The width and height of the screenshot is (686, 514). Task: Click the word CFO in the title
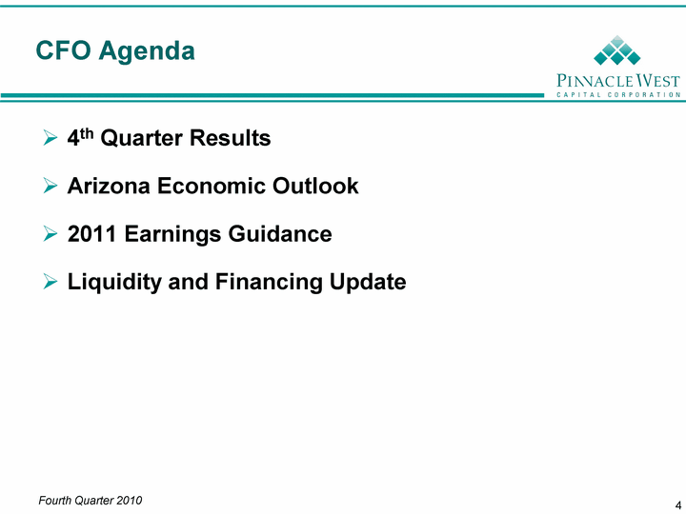(x=63, y=50)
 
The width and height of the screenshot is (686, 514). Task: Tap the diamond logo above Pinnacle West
(x=616, y=50)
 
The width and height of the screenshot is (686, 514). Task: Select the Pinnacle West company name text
(x=618, y=80)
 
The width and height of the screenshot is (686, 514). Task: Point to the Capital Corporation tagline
(x=618, y=94)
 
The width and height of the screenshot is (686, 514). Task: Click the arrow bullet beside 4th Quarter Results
(x=50, y=138)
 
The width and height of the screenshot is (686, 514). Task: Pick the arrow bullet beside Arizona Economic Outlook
(x=50, y=186)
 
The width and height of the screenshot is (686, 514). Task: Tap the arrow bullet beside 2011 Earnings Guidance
(x=50, y=234)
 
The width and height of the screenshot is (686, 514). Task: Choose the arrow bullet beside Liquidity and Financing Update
(x=50, y=282)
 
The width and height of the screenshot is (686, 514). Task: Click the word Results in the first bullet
(x=231, y=138)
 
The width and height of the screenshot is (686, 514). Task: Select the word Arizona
(x=109, y=186)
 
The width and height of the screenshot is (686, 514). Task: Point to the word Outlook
(x=315, y=186)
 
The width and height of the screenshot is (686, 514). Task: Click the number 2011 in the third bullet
(x=91, y=234)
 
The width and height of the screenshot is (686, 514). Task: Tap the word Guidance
(x=280, y=234)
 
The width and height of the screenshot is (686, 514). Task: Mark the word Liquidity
(x=114, y=283)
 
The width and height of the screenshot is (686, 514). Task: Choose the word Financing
(x=269, y=283)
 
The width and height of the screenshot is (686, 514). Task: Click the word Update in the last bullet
(x=368, y=283)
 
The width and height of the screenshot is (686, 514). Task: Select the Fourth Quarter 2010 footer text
(x=91, y=501)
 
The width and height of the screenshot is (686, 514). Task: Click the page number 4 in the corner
(x=677, y=504)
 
